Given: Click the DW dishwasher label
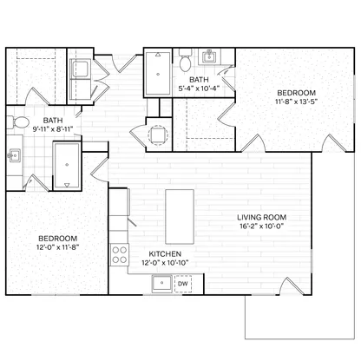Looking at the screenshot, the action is pyautogui.click(x=183, y=284).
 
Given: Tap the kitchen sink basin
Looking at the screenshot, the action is pyautogui.click(x=162, y=283).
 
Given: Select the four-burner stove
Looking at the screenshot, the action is pyautogui.click(x=120, y=254).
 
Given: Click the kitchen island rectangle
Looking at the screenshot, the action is pyautogui.click(x=180, y=217).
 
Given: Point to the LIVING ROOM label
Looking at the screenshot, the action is pyautogui.click(x=262, y=217).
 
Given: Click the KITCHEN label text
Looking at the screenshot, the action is pyautogui.click(x=165, y=254).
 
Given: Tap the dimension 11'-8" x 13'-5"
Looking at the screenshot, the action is pyautogui.click(x=297, y=102).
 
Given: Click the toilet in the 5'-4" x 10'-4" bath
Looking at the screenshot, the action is pyautogui.click(x=185, y=60).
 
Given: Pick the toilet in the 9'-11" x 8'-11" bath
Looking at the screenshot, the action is pyautogui.click(x=18, y=122).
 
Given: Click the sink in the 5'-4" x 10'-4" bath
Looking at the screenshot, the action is pyautogui.click(x=208, y=56).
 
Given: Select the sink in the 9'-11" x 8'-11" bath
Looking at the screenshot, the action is pyautogui.click(x=14, y=155).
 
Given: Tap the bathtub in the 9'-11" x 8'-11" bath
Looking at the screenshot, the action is pyautogui.click(x=67, y=166).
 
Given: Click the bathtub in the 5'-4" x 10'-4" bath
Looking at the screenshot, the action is pyautogui.click(x=158, y=73).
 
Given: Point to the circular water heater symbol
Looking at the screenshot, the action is pyautogui.click(x=158, y=135).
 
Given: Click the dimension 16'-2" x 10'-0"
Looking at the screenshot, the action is pyautogui.click(x=262, y=226).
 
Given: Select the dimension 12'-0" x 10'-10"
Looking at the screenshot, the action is pyautogui.click(x=165, y=263).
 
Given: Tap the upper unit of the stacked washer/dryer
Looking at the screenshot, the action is pyautogui.click(x=80, y=69).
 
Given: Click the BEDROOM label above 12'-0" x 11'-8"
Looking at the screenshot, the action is pyautogui.click(x=58, y=239).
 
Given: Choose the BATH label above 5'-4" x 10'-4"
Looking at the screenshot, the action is pyautogui.click(x=199, y=79).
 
